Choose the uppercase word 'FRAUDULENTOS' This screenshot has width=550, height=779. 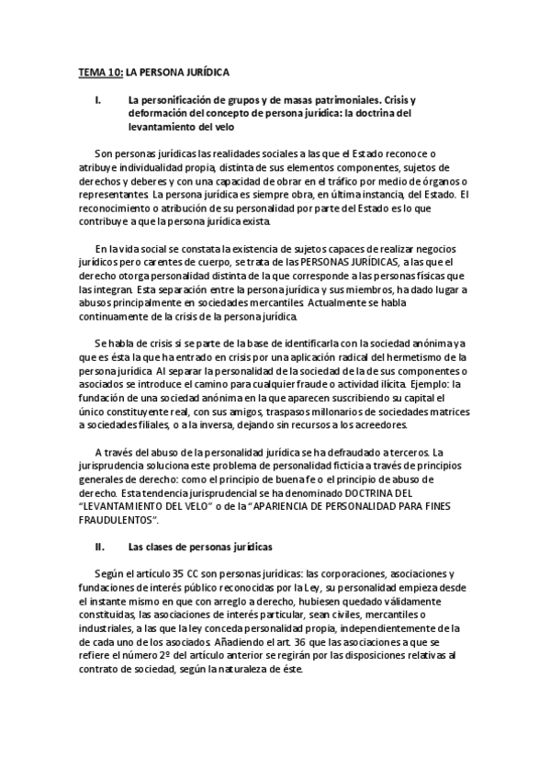pyautogui.click(x=113, y=518)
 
